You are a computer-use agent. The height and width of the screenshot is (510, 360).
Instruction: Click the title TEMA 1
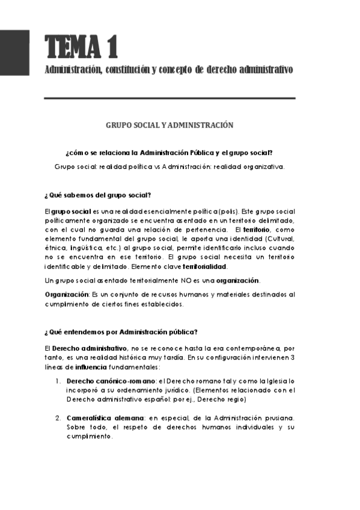point(81,46)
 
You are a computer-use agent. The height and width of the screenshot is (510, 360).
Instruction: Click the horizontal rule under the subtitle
point(170,98)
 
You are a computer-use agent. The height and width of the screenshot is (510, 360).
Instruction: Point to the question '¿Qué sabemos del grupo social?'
point(97,195)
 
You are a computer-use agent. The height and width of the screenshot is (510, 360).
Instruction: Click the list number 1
point(58,381)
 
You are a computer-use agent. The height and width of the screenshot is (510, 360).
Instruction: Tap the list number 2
point(58,417)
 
